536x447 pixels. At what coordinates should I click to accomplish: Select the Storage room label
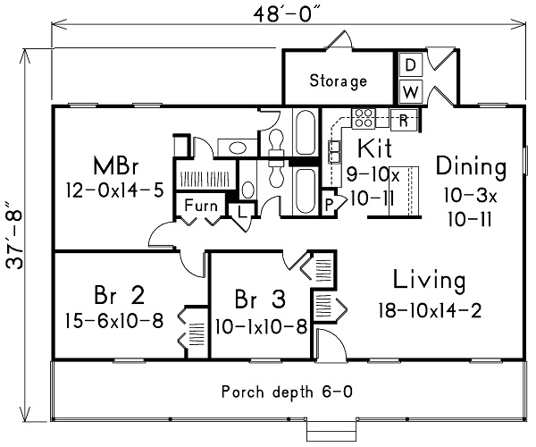(x=338, y=81)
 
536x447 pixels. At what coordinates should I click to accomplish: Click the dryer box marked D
(x=409, y=65)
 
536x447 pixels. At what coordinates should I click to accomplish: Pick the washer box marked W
(x=409, y=91)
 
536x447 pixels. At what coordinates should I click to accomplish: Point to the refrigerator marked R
(x=404, y=118)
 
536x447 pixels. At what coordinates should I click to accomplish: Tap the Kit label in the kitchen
(x=370, y=148)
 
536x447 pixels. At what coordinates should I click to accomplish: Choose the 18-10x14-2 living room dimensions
(x=420, y=311)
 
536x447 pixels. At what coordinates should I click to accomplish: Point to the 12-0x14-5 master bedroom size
(x=113, y=190)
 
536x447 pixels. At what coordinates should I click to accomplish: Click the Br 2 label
(x=118, y=296)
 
